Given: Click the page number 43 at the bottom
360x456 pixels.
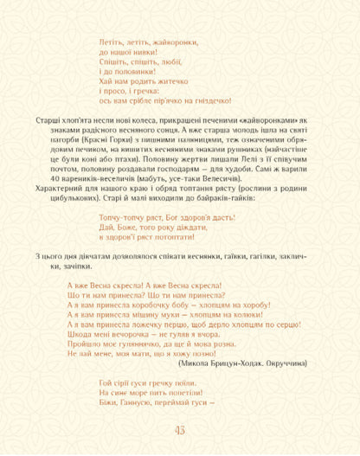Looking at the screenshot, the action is [x=180, y=433].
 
